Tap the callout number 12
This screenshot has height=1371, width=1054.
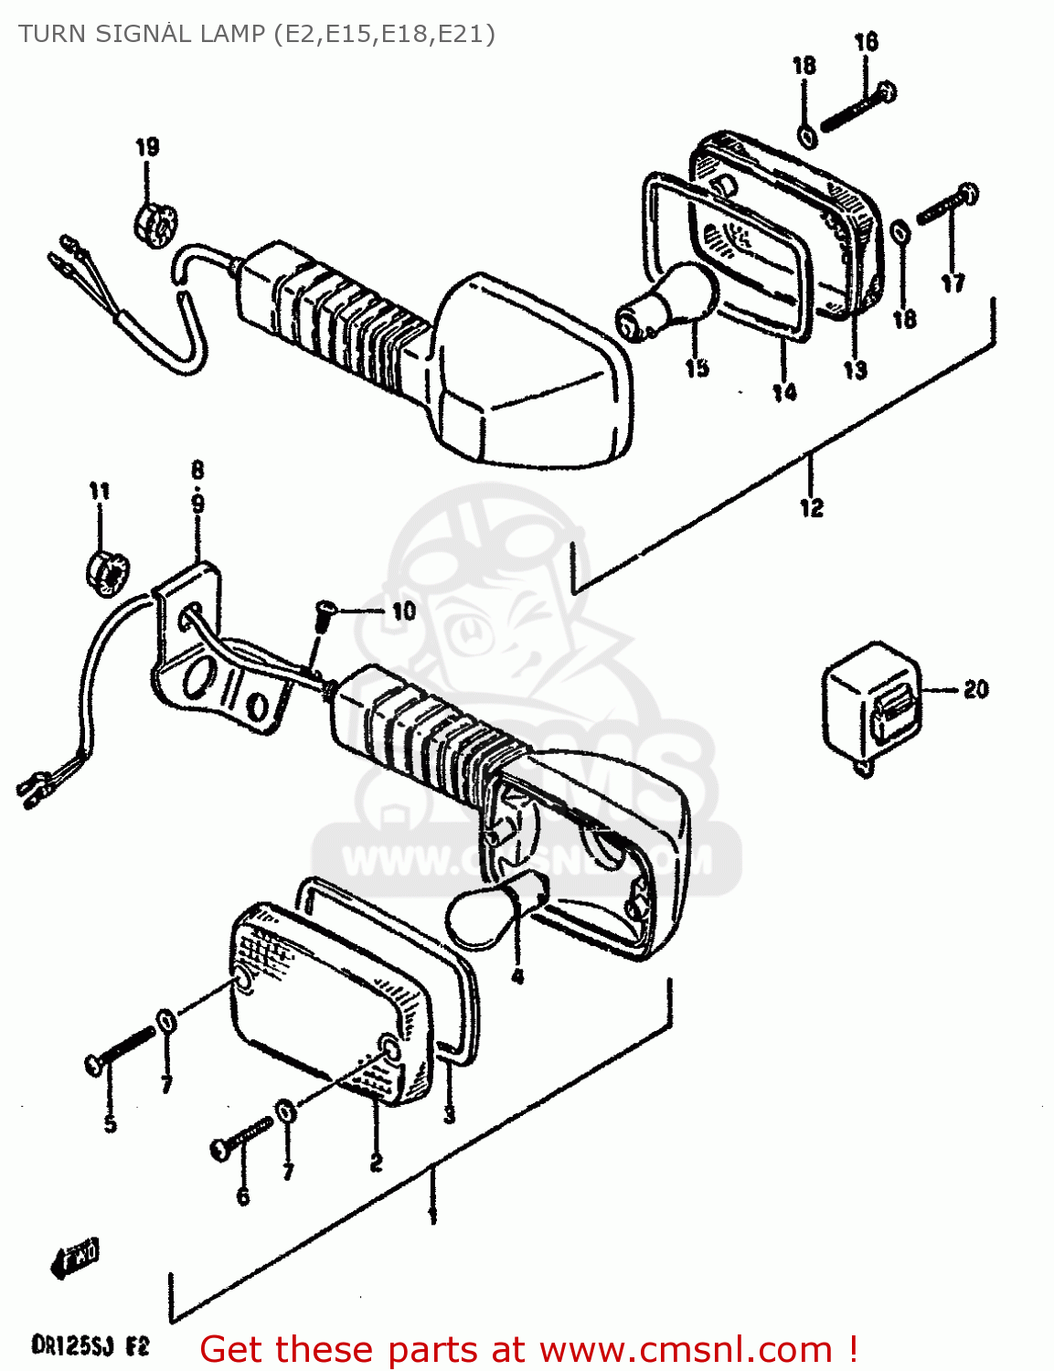pos(812,507)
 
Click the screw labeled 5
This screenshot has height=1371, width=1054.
pos(121,1050)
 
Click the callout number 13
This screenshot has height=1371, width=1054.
pos(855,370)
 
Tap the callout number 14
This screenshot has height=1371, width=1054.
pos(784,393)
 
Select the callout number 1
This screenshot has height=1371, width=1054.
pos(431,1217)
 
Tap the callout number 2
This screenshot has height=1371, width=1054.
pos(376,1163)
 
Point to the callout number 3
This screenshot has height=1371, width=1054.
pos(449,1115)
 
